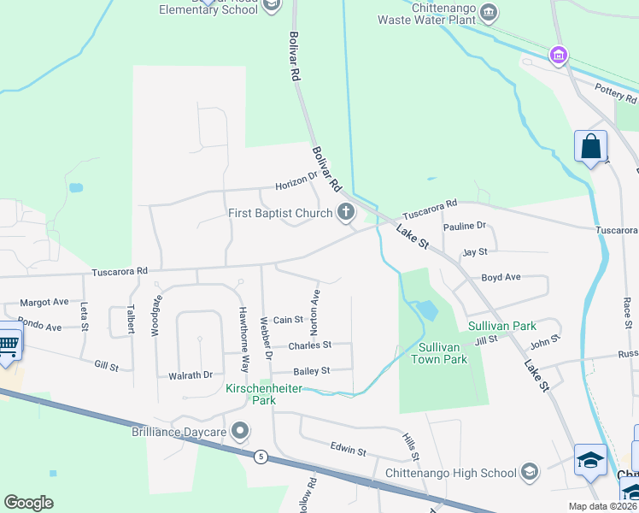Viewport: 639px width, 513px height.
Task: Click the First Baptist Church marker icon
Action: [x=346, y=213]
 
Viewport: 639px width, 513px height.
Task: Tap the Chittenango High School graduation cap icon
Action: [x=530, y=472]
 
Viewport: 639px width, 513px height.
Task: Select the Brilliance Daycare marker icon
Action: [x=241, y=432]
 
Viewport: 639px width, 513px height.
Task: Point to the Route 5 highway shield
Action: [x=259, y=457]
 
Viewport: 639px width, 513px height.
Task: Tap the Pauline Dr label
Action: [x=465, y=226]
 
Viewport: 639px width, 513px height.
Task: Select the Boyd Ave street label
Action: [x=501, y=277]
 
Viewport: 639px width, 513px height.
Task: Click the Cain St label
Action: [x=288, y=320]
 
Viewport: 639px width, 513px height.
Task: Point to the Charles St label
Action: [x=309, y=345]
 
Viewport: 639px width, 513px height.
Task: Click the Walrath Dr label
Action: [x=191, y=374]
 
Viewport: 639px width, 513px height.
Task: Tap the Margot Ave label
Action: [x=44, y=303]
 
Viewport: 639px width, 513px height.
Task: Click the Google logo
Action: [x=28, y=502]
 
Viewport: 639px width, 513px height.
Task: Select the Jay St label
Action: [x=474, y=252]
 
